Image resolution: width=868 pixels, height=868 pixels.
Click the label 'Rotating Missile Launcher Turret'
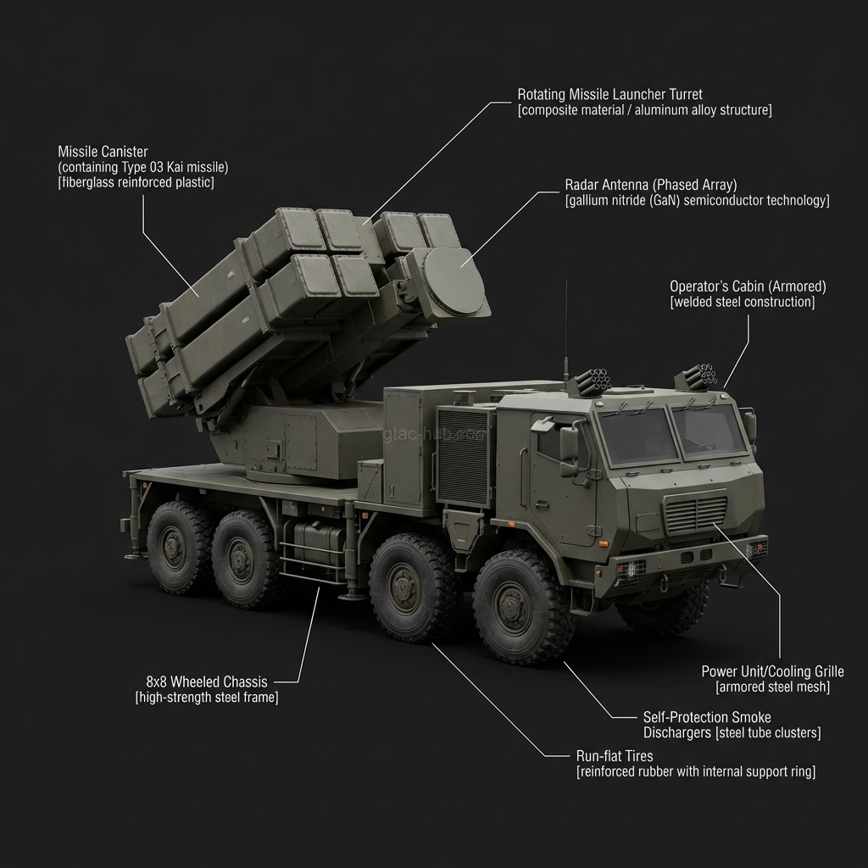[609, 94]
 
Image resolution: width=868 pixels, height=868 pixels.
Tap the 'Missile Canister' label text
[103, 152]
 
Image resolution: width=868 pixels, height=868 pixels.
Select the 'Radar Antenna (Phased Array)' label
[651, 185]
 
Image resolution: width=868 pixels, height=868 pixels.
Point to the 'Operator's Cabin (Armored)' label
[748, 287]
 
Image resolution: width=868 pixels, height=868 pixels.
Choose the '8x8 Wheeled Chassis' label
[207, 682]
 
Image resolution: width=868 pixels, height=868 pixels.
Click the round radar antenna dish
[453, 281]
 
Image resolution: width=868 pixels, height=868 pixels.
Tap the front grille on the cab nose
[697, 513]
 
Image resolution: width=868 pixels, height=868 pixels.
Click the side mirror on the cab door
[569, 443]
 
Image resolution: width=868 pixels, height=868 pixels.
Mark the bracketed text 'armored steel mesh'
[772, 687]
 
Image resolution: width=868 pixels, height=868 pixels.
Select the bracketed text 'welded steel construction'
[742, 303]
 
